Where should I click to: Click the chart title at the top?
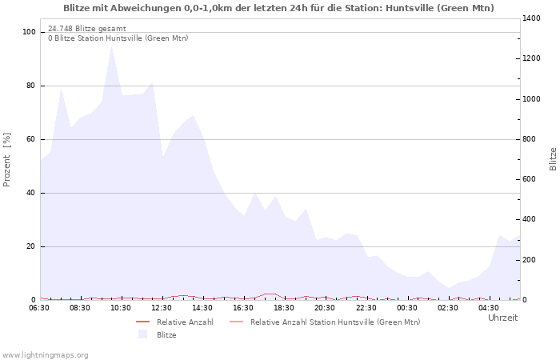click(278, 8)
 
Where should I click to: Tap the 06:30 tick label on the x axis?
click(39, 307)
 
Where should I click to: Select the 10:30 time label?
click(121, 307)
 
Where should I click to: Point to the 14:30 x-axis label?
click(202, 307)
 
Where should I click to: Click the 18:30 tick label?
click(284, 307)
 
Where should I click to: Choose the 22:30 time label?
click(366, 307)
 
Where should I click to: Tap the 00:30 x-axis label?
click(406, 307)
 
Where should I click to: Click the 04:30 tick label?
click(488, 307)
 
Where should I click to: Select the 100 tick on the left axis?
click(30, 32)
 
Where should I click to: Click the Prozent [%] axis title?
click(7, 159)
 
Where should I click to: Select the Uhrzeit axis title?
click(502, 318)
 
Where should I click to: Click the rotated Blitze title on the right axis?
click(553, 159)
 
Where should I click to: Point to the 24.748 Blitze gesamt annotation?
click(87, 29)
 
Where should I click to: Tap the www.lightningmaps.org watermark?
click(46, 354)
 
